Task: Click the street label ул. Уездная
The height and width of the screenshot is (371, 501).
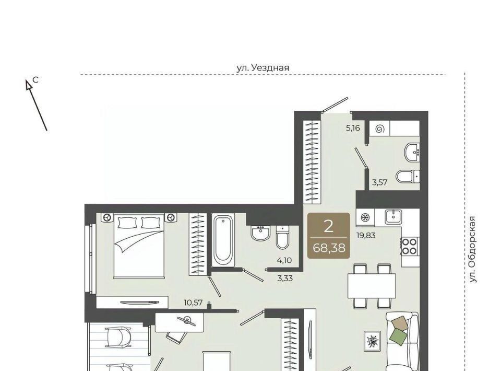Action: click(x=263, y=68)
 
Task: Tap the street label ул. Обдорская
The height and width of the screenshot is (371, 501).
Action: click(x=473, y=249)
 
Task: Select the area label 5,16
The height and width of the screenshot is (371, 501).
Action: click(x=353, y=128)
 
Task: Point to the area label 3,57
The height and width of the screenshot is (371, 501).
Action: click(x=379, y=182)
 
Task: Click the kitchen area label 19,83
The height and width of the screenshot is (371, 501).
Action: click(x=366, y=236)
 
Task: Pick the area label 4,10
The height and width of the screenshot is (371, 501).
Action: click(x=284, y=260)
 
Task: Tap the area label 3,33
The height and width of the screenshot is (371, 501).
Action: click(x=285, y=278)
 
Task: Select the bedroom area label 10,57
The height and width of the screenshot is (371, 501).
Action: click(x=193, y=302)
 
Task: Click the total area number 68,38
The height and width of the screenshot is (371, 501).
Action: click(x=329, y=248)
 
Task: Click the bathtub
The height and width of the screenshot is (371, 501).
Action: click(x=223, y=240)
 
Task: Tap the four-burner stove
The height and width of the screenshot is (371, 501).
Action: click(x=410, y=246)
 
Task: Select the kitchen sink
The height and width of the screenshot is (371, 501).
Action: click(x=393, y=217)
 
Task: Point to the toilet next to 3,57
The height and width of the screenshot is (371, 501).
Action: click(x=408, y=176)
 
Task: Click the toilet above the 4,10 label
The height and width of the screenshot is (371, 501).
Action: click(x=282, y=237)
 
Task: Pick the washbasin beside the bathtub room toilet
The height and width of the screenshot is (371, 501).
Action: click(x=261, y=233)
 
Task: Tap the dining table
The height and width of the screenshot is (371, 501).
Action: click(x=372, y=286)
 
